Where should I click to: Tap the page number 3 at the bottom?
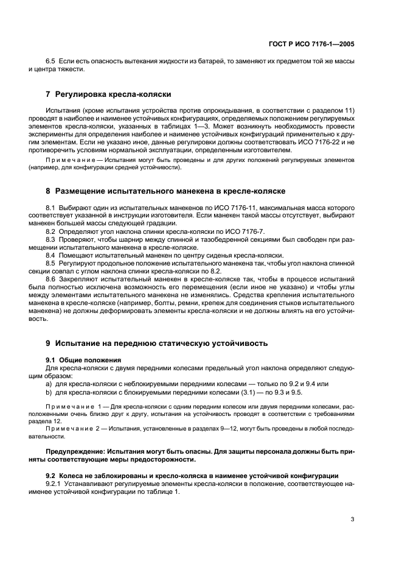[352, 519]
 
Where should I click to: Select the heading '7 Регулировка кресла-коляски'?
[109, 94]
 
